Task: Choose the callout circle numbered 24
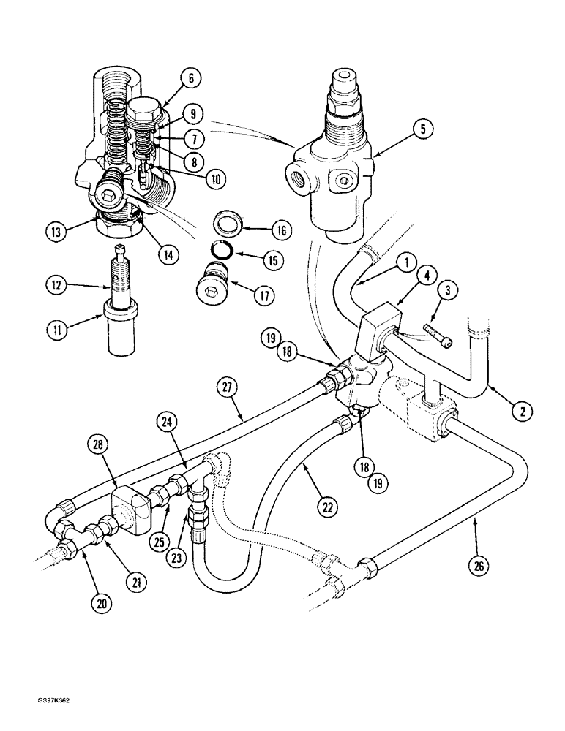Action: point(168,421)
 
